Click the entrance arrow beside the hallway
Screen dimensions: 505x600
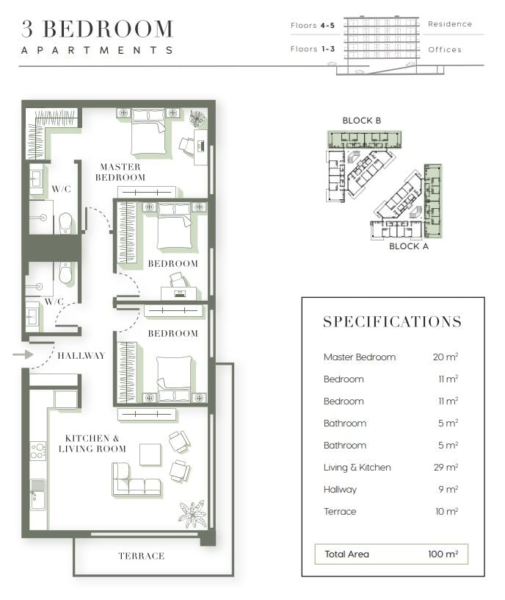(23, 354)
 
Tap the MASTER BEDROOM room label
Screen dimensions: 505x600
(120, 172)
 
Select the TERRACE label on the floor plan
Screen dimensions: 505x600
(142, 556)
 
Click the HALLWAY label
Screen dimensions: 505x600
(81, 356)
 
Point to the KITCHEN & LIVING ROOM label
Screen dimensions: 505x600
(92, 443)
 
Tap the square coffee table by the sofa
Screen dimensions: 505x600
(150, 454)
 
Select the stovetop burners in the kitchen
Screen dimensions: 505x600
(38, 451)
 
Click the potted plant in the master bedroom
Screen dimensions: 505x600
(198, 118)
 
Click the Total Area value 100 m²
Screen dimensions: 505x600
(443, 554)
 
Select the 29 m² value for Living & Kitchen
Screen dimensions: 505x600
(446, 467)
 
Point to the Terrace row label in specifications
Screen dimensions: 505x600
(340, 512)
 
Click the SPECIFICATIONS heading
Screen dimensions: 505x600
(392, 322)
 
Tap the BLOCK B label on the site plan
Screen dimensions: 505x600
(362, 121)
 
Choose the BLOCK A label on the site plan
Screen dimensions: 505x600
(409, 246)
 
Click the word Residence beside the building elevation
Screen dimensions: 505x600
(450, 24)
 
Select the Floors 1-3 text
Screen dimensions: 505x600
(313, 49)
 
